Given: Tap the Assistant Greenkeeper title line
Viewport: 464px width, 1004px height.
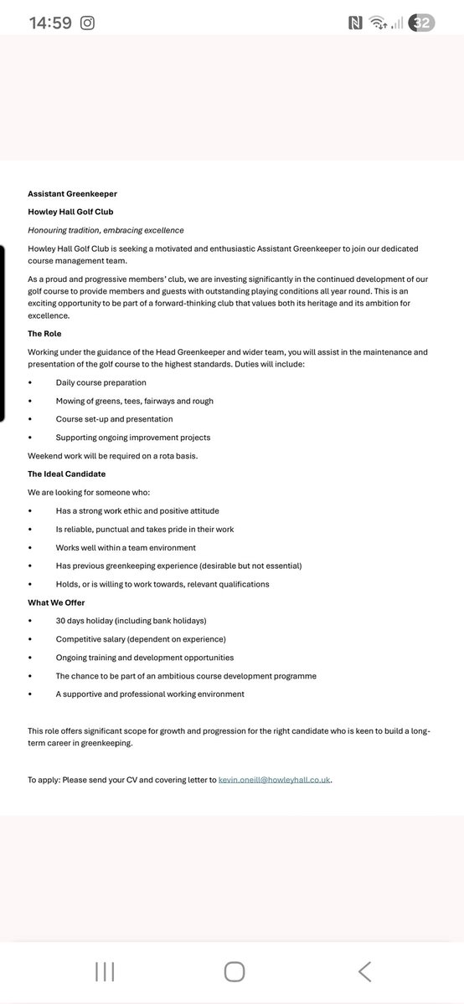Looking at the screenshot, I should tap(72, 193).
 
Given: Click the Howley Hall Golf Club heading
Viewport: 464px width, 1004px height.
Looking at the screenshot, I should tap(70, 212).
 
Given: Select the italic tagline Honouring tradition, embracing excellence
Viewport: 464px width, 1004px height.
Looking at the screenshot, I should tap(106, 230).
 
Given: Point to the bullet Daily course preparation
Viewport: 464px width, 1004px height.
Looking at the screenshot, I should tap(101, 382).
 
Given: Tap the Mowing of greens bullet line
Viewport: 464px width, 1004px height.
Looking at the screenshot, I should tap(134, 401).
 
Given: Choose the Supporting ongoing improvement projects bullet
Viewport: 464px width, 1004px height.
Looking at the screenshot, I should tap(133, 438).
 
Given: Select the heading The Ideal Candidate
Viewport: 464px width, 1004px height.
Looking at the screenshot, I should tap(66, 474).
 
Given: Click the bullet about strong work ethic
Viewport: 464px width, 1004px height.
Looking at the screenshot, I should tap(137, 510).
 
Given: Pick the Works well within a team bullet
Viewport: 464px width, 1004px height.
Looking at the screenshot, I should tap(126, 547).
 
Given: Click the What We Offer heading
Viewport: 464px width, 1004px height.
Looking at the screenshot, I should tap(56, 602).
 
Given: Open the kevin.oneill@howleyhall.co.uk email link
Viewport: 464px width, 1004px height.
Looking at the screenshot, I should tap(274, 780).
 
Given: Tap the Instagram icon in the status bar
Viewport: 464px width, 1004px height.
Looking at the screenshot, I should tap(87, 23).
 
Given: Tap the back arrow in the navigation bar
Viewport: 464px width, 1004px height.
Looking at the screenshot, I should tap(364, 971).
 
